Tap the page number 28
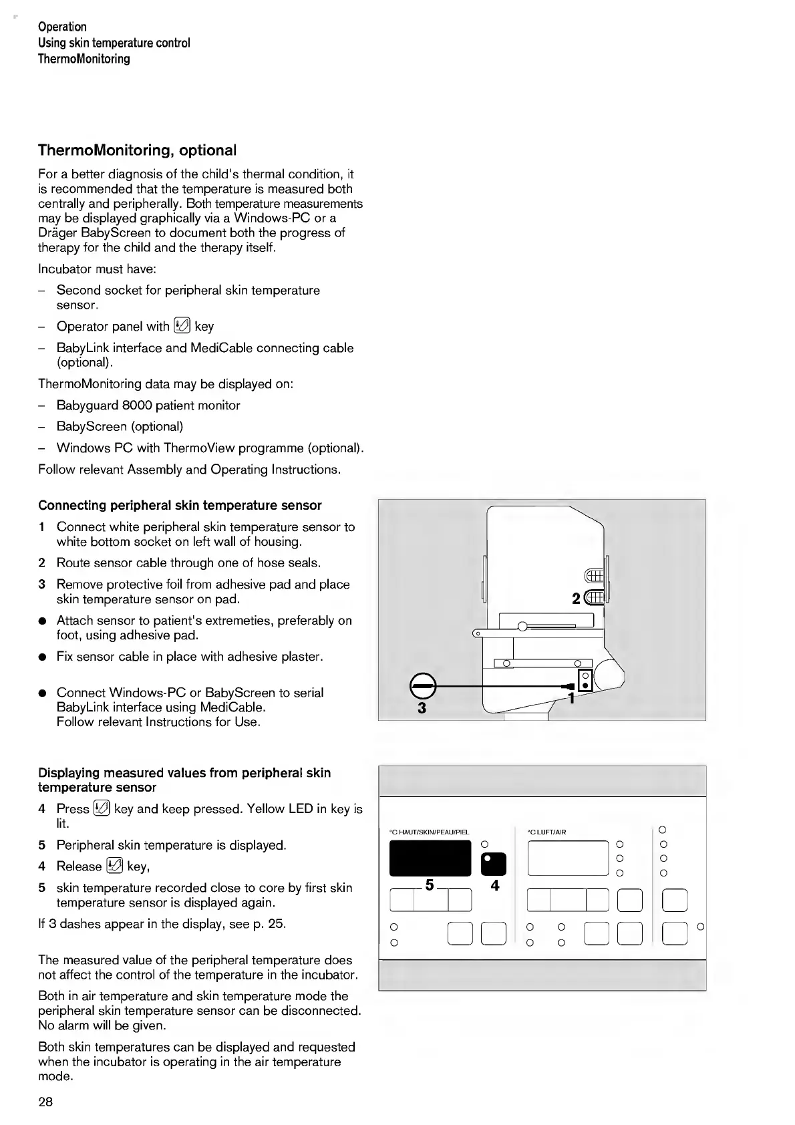pos(45,1102)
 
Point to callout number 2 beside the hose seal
pos(577,599)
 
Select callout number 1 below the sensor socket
pos(571,698)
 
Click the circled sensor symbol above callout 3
pos(422,686)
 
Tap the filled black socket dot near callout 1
pos(585,686)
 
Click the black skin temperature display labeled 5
pos(430,858)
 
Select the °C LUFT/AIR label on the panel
pos(546,832)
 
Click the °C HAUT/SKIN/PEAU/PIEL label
pos(429,832)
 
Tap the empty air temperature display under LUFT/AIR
pos(567,858)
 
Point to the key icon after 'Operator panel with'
pos(182,326)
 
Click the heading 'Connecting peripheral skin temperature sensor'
pos(180,505)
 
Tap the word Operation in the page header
pos(62,27)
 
